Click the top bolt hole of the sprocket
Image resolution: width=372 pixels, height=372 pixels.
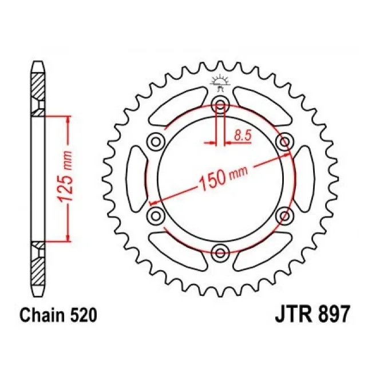[220, 105]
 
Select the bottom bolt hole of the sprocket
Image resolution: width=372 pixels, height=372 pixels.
[220, 251]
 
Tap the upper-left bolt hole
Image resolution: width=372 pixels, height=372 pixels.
[156, 141]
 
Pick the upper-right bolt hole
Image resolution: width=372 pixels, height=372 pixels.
[284, 141]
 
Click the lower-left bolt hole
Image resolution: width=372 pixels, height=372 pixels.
[156, 215]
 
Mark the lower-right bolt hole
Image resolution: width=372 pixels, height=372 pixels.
[284, 215]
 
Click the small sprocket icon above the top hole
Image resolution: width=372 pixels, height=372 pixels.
[219, 81]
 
